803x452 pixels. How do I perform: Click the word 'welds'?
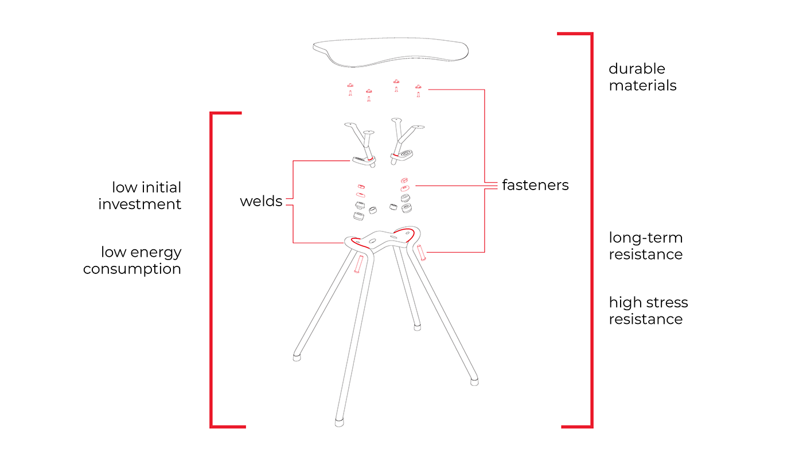(261, 201)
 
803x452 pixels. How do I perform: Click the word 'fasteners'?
(535, 185)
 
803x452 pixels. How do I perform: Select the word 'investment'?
(139, 204)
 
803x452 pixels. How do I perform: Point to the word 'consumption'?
(132, 269)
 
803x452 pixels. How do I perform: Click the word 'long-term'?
(646, 238)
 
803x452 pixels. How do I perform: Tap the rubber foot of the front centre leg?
(340, 423)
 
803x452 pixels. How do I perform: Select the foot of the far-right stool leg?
(474, 380)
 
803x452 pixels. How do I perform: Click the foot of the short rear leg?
(418, 327)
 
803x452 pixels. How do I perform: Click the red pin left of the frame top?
(359, 264)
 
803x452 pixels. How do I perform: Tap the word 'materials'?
(642, 86)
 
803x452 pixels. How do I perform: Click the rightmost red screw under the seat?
(419, 90)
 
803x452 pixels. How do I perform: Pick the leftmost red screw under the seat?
(350, 90)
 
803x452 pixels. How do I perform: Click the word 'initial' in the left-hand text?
(162, 187)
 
